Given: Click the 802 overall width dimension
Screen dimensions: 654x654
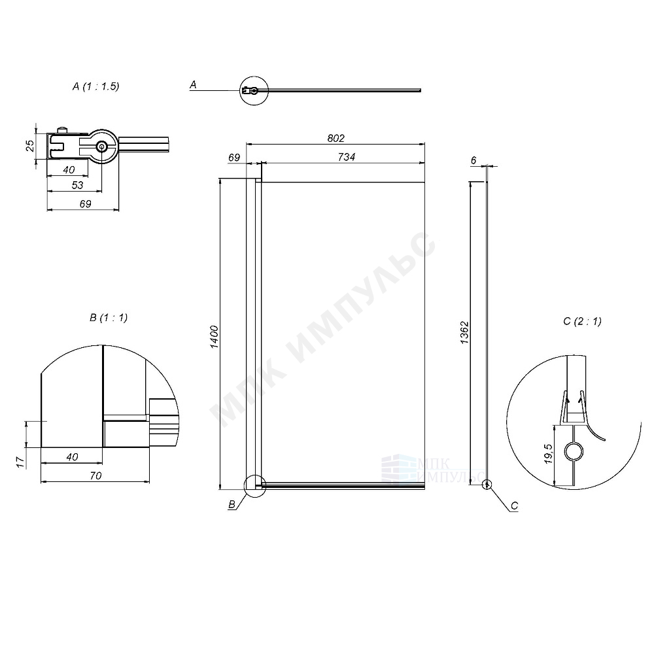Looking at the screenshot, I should [335, 138].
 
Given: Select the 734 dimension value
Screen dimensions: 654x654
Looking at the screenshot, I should [346, 157].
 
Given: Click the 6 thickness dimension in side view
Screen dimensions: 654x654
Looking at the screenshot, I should [473, 160].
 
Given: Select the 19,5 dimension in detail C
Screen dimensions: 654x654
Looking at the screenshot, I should [548, 454].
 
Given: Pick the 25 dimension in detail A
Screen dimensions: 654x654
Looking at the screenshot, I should [30, 146].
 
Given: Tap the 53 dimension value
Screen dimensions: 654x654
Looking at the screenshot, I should [77, 186].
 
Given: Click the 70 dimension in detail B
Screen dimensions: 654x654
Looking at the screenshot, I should [95, 476].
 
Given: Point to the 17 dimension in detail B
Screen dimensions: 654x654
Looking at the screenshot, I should [20, 462].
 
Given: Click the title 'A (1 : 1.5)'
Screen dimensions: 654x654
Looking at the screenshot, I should [96, 86].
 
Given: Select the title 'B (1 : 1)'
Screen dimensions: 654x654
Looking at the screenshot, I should [109, 318].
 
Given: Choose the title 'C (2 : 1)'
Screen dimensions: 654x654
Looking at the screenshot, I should [581, 320].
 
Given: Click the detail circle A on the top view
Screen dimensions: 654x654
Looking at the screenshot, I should [253, 90].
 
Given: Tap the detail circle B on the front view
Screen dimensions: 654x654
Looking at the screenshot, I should [254, 486].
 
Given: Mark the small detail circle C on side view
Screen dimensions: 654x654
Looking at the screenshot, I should [486, 485].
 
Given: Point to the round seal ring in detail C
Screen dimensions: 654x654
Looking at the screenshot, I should [574, 451].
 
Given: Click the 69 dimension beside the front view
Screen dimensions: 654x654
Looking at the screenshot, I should [234, 157].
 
